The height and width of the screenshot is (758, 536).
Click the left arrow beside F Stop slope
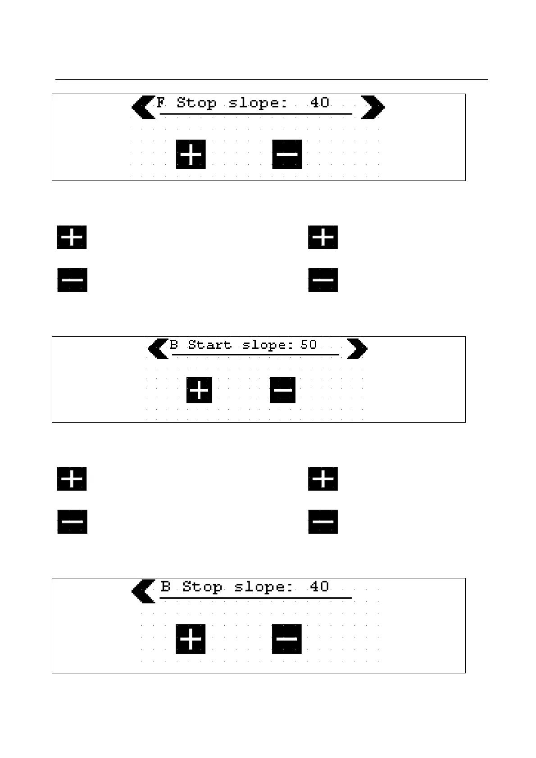[x=143, y=108]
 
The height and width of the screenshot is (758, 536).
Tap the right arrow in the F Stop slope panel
[x=373, y=108]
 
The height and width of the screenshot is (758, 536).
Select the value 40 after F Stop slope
[x=319, y=103]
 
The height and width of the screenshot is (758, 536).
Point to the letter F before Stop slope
[x=161, y=103]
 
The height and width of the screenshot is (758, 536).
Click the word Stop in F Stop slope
[x=196, y=103]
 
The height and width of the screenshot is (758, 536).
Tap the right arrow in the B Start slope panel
[x=357, y=349]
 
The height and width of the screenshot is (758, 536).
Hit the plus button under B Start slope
[x=199, y=390]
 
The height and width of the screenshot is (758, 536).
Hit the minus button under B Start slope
[x=282, y=390]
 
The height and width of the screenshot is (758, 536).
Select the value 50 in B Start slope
[x=309, y=345]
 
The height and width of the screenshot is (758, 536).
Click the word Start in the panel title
[x=209, y=345]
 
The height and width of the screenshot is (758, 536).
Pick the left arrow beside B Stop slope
[x=143, y=591]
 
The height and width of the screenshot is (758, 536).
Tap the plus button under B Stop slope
[x=191, y=639]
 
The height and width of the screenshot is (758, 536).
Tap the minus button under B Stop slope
[x=286, y=639]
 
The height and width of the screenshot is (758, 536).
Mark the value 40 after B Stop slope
[x=319, y=587]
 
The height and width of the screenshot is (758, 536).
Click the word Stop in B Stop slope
[x=202, y=587]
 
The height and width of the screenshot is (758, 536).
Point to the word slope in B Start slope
[x=268, y=345]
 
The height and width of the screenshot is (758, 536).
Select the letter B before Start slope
[x=174, y=345]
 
